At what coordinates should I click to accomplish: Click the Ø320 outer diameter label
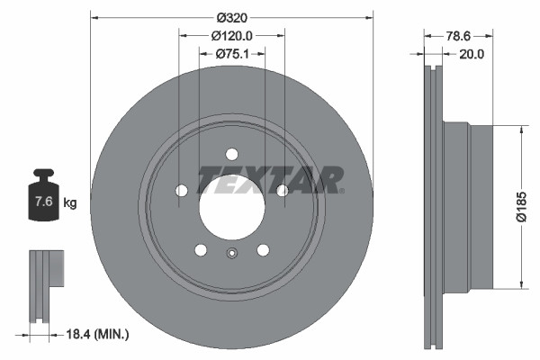(232, 15)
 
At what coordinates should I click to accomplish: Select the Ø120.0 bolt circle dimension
(232, 35)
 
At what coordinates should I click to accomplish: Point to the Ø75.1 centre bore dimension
(232, 54)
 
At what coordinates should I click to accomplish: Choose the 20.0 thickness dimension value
(472, 54)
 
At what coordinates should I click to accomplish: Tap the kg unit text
(70, 202)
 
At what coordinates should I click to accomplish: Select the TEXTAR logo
(270, 179)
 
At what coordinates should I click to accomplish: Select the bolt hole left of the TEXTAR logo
(181, 190)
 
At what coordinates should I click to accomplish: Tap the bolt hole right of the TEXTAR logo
(282, 190)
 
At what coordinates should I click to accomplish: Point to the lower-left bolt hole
(201, 250)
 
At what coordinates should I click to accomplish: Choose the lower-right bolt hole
(263, 250)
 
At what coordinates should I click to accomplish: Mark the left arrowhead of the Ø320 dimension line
(94, 15)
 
